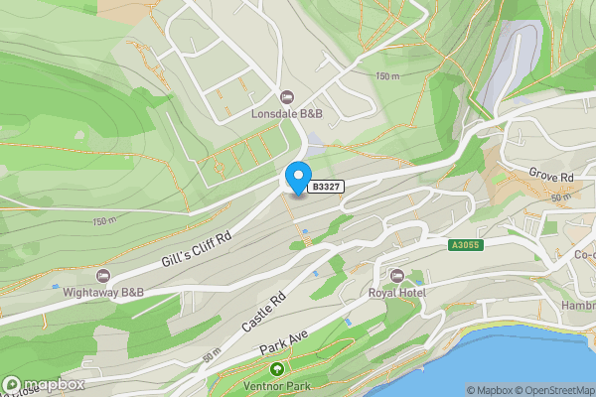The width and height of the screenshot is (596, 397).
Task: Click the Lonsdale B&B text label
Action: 286,113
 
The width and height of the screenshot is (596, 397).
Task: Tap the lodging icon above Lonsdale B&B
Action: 287,97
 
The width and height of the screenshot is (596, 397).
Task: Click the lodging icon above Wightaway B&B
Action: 101,275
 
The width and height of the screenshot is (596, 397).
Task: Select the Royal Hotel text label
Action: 396,292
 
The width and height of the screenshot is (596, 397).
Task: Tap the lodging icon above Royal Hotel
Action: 397,275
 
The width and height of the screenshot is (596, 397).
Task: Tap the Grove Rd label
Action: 554,177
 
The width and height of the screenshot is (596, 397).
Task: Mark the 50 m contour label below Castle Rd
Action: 211,354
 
